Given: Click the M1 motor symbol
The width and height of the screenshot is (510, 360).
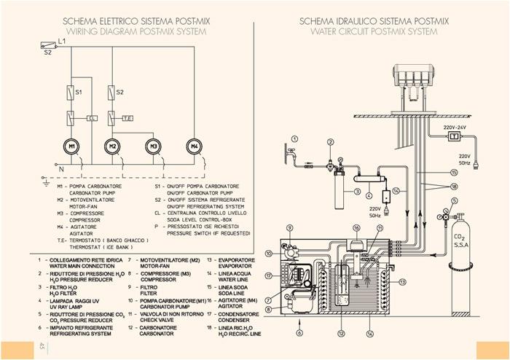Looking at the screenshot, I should (x=73, y=146).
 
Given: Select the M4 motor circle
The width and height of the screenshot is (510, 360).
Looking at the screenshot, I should (x=195, y=146).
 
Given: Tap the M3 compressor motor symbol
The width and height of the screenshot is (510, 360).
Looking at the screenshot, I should (x=153, y=146).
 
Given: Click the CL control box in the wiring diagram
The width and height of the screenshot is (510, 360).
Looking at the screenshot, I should (x=92, y=117).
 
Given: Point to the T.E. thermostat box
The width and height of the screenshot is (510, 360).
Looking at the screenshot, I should (x=127, y=117).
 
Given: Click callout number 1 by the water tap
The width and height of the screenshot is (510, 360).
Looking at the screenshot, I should (x=294, y=137).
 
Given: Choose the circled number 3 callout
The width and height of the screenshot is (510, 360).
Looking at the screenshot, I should (x=358, y=191).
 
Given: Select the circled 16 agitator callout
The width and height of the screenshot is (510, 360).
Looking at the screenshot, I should (x=356, y=228).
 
